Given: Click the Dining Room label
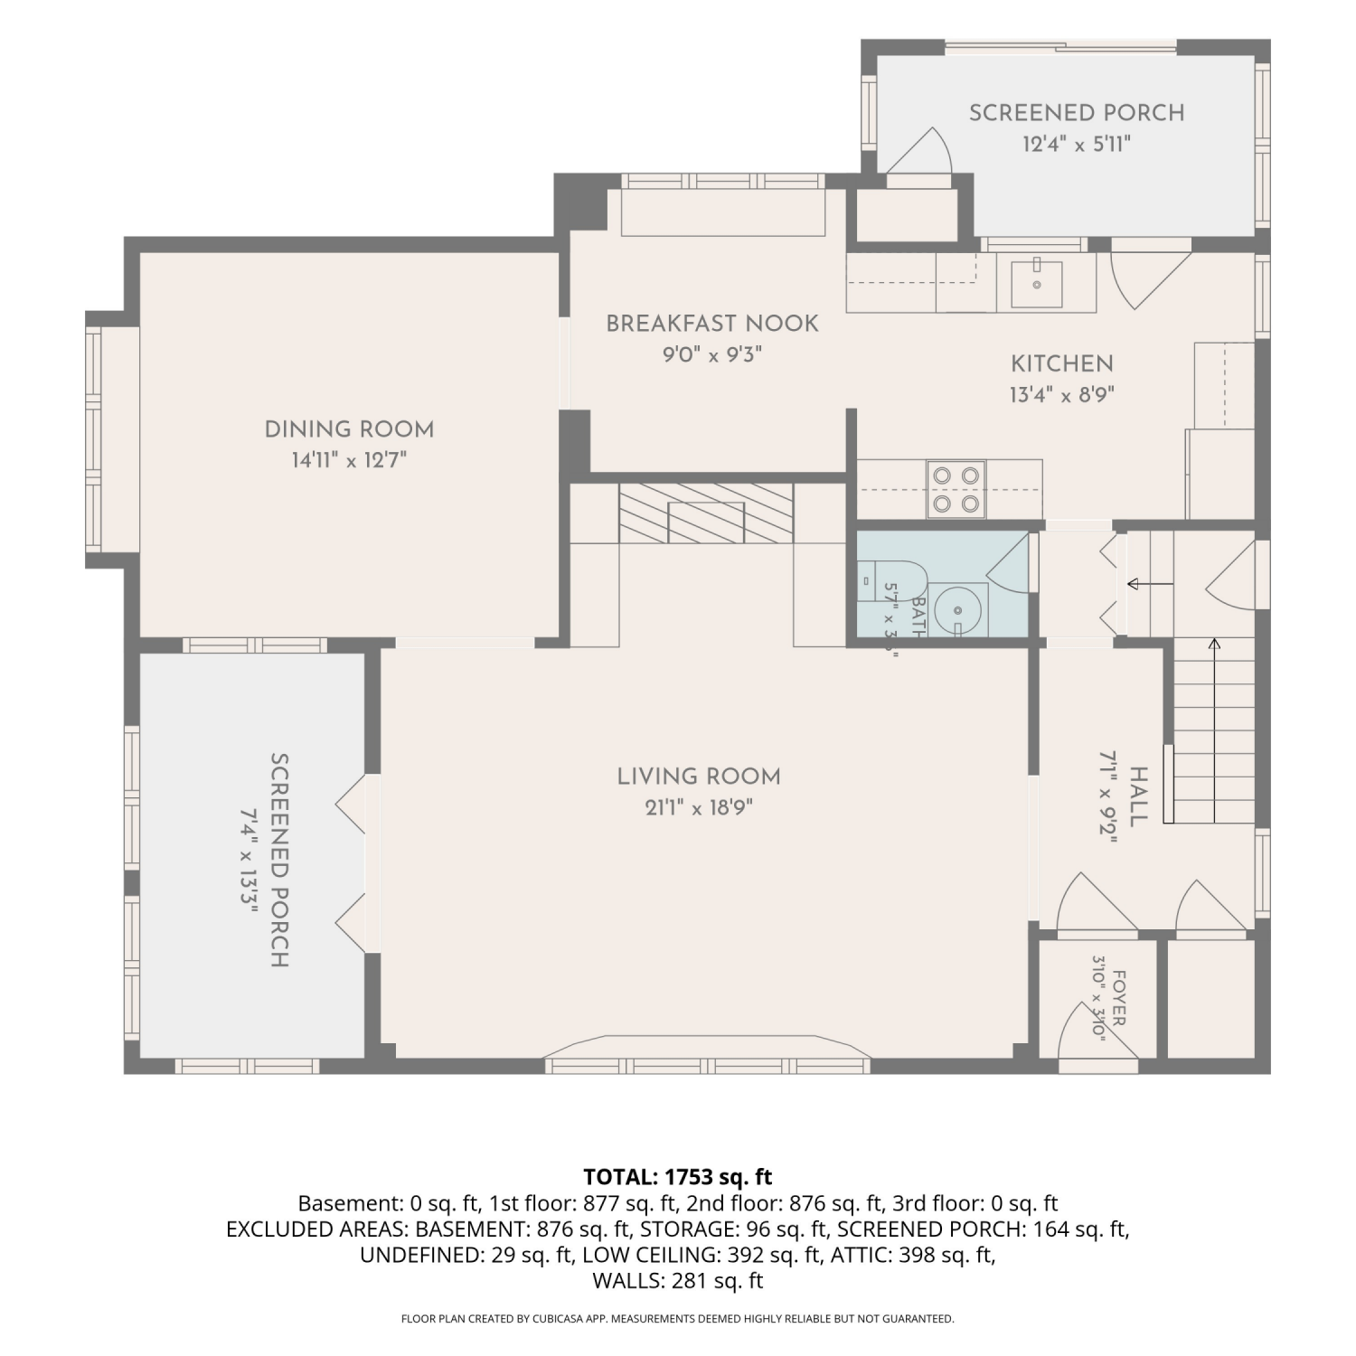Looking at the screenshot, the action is (349, 429).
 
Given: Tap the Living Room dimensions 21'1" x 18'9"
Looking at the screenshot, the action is (699, 807).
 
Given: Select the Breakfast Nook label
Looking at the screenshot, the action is (712, 324).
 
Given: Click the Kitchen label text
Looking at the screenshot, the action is (1062, 363).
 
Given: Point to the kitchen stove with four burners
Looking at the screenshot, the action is (956, 489).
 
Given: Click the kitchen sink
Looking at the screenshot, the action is (1036, 282).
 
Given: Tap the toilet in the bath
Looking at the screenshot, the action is (890, 582).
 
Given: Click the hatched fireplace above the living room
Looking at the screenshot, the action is (706, 513).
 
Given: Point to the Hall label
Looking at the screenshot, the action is (1138, 796).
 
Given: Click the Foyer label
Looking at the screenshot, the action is (1118, 997).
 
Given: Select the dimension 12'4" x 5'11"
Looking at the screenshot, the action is (1077, 144).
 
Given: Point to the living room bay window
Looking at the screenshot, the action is (707, 1054).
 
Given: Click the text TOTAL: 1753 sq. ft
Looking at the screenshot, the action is (678, 1177).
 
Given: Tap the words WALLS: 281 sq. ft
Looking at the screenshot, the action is (678, 1281).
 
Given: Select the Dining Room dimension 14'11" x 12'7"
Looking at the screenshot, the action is (349, 460).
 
